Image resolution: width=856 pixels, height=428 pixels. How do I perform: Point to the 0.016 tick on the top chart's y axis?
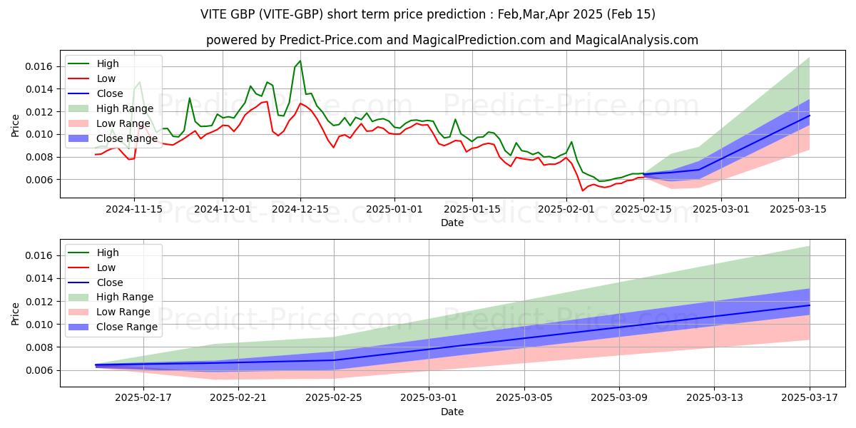[39, 66]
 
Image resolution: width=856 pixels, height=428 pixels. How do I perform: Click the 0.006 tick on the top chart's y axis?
[39, 180]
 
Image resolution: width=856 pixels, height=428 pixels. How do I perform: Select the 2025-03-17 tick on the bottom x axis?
[810, 397]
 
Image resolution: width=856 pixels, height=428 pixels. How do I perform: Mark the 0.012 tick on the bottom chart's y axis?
[39, 302]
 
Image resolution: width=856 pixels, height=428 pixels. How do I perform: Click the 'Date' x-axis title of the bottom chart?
[452, 412]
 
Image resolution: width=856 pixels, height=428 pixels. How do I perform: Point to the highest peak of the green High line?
[300, 60]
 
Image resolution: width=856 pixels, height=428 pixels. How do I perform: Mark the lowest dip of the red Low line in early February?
[583, 190]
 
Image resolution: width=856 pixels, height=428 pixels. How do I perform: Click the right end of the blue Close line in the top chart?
[810, 115]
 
